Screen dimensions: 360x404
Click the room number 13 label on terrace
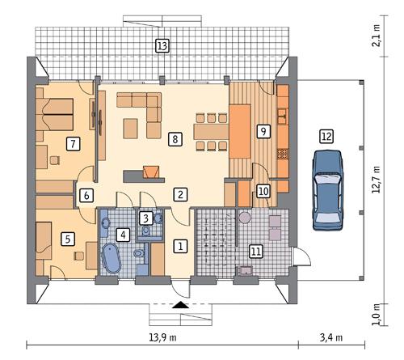162,46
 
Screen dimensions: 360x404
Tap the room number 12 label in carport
326,137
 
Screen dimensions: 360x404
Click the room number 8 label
175,139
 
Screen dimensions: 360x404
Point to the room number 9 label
263,131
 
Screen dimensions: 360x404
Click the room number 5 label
69,239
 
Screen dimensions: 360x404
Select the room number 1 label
181,245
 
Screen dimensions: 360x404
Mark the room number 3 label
145,217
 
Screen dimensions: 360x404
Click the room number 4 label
123,235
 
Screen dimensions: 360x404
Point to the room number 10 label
263,191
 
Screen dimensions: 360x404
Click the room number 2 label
181,193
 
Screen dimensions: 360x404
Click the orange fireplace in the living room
150,172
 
